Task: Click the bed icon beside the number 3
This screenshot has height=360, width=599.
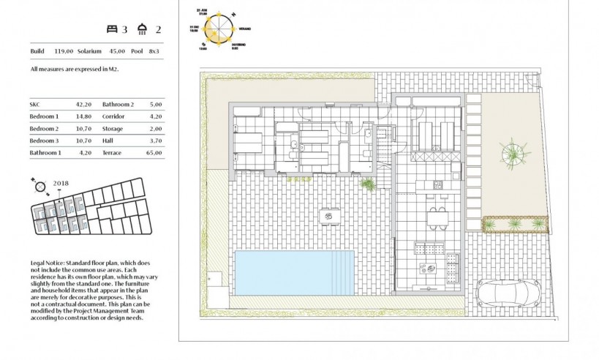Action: tap(112, 29)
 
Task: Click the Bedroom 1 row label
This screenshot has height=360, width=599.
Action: tap(44, 116)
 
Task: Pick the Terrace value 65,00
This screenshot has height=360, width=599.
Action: tap(154, 153)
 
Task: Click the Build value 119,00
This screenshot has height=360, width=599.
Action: tap(64, 51)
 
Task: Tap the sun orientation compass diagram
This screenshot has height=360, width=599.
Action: tap(216, 29)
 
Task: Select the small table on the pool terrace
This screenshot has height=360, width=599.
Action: tap(330, 216)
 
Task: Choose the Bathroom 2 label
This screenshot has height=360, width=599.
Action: tap(118, 105)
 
